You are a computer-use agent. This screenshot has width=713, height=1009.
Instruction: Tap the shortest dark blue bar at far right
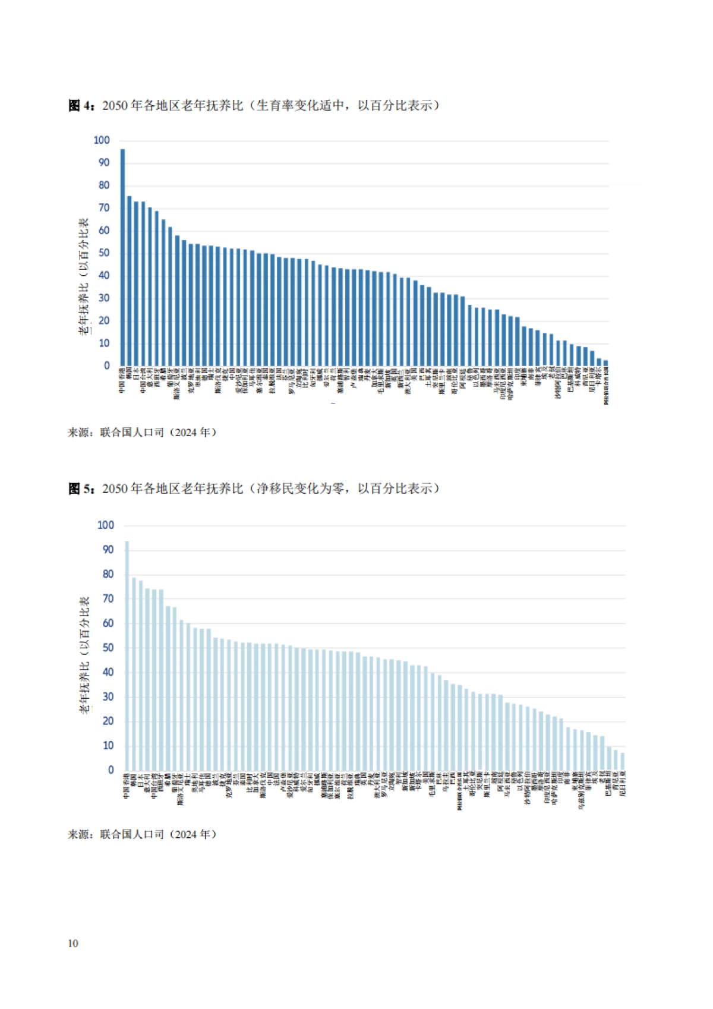tap(605, 362)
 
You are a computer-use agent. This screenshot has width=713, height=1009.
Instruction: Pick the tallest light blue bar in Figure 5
tap(127, 656)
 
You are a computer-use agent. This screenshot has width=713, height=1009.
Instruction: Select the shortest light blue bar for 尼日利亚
tap(623, 762)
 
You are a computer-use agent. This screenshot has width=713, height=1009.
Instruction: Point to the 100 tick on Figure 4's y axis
tap(102, 140)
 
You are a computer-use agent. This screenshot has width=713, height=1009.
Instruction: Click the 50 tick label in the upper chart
tap(104, 253)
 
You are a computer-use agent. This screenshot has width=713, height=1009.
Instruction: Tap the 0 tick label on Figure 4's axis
tap(107, 366)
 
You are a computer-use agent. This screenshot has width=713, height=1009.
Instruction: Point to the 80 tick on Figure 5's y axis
tap(108, 574)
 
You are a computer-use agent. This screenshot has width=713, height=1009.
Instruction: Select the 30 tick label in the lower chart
tap(108, 696)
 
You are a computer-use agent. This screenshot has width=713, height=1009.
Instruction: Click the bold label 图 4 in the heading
tap(81, 106)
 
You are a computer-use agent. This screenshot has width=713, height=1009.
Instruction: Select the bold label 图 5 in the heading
tap(81, 488)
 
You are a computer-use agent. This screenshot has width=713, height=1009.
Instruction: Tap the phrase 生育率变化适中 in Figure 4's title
tap(300, 106)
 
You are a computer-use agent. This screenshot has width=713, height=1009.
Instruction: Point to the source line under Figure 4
tap(142, 433)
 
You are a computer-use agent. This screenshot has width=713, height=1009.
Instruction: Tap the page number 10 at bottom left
tap(73, 943)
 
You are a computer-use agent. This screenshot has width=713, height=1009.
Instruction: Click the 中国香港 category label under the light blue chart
tap(127, 786)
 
